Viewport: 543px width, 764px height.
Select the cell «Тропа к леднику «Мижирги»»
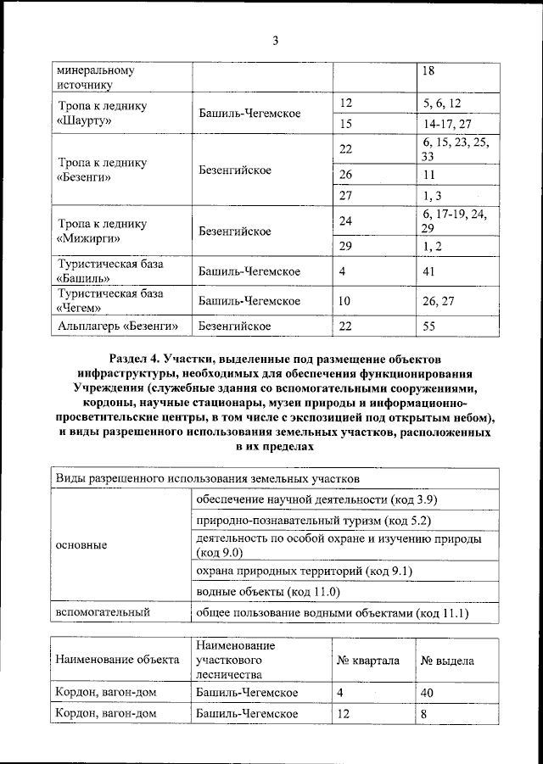point(102,231)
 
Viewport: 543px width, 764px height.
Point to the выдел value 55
point(433,326)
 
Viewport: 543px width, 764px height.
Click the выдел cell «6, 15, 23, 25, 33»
point(456,150)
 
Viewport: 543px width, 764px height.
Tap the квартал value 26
point(345,175)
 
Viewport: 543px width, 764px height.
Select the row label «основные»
point(81,545)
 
